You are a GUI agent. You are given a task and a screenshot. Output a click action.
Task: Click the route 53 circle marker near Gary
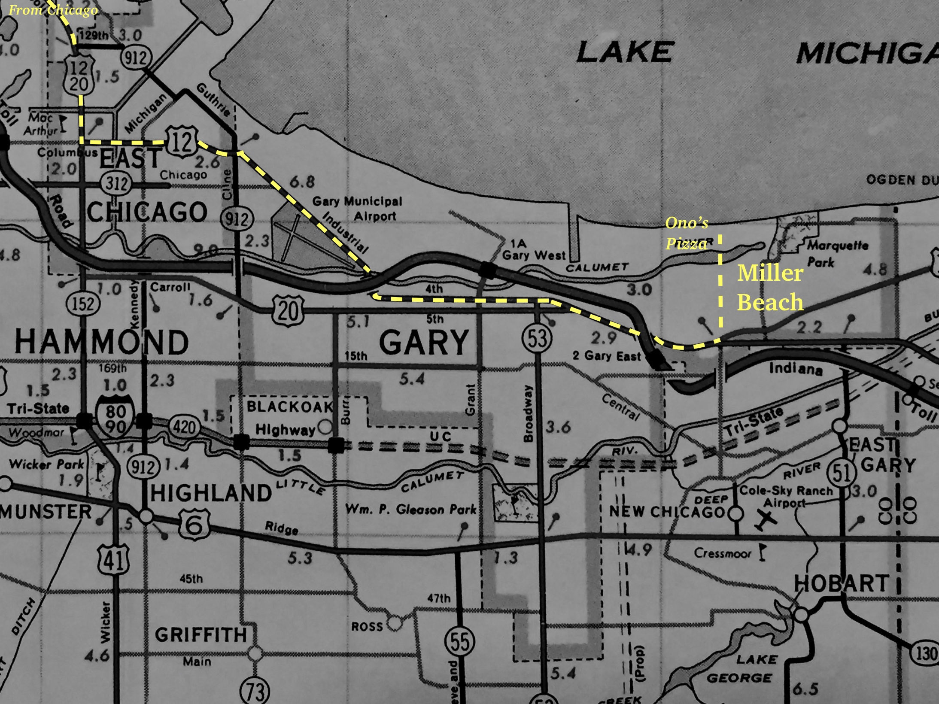(x=537, y=338)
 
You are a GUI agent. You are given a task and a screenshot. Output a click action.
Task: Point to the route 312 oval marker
(x=117, y=184)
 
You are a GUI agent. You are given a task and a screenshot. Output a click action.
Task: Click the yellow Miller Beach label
(x=770, y=287)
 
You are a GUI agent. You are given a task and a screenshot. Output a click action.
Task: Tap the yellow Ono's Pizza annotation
(x=686, y=233)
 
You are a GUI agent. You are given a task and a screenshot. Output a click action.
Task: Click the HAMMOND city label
(x=102, y=342)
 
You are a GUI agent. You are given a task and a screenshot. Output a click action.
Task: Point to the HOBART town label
(x=841, y=584)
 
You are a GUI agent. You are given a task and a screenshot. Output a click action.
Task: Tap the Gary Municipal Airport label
(x=357, y=208)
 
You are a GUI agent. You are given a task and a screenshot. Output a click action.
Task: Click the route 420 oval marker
(x=185, y=427)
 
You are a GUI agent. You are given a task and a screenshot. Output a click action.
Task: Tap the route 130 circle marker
(x=925, y=654)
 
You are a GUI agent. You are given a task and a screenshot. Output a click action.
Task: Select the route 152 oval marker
(x=83, y=304)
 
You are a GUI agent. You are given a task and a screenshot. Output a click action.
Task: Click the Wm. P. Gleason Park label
(x=411, y=510)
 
